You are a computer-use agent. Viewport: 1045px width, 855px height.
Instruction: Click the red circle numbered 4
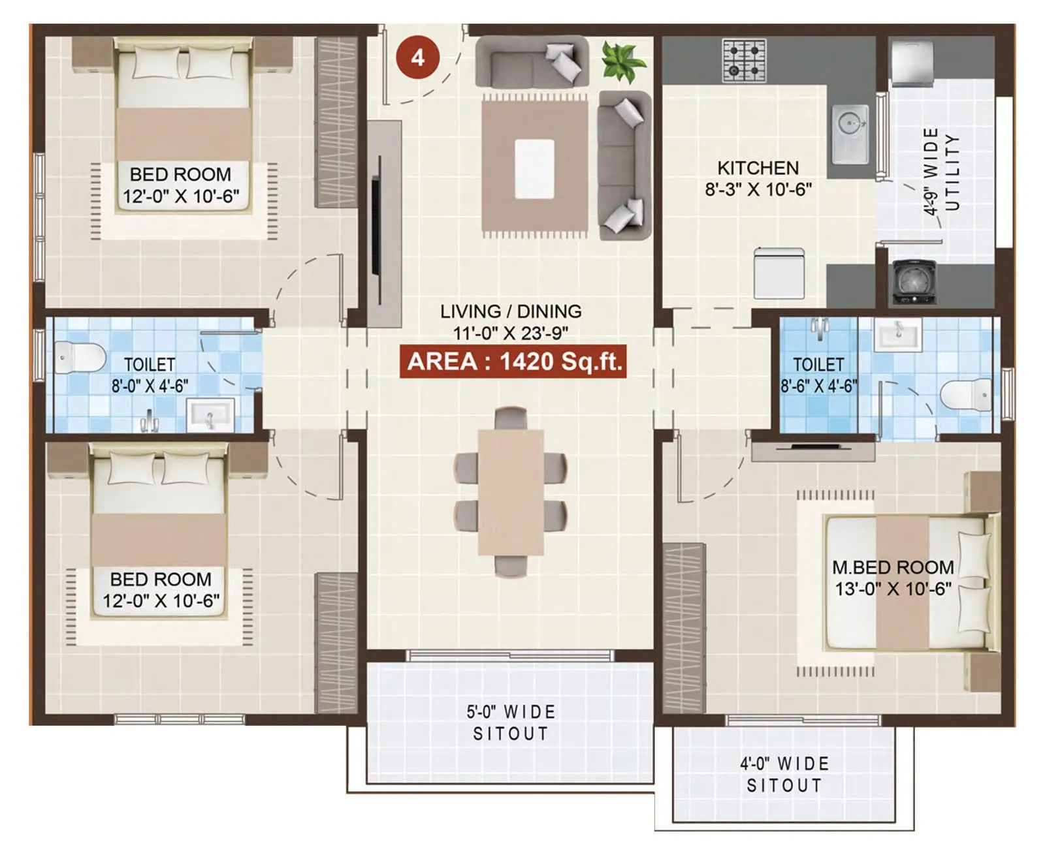click(x=417, y=57)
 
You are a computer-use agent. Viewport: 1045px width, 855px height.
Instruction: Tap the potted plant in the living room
click(x=622, y=62)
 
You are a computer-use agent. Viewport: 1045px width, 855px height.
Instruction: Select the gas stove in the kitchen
click(x=744, y=60)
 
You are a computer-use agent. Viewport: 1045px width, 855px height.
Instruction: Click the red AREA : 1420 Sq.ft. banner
click(x=513, y=361)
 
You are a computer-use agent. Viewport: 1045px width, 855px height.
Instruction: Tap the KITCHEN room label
click(x=758, y=168)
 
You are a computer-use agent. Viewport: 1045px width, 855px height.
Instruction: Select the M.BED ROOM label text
click(x=893, y=567)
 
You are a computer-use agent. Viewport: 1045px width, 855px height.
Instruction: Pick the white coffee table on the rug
click(x=534, y=169)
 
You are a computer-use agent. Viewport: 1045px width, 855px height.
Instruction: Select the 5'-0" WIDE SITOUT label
click(x=511, y=723)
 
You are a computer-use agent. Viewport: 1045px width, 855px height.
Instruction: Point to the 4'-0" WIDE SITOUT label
click(x=784, y=774)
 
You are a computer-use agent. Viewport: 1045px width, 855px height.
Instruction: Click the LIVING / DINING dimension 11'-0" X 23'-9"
click(x=511, y=333)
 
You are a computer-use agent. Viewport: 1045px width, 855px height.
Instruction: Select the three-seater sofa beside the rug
click(x=625, y=165)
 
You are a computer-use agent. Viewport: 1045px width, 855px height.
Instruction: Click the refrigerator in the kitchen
click(x=779, y=273)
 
